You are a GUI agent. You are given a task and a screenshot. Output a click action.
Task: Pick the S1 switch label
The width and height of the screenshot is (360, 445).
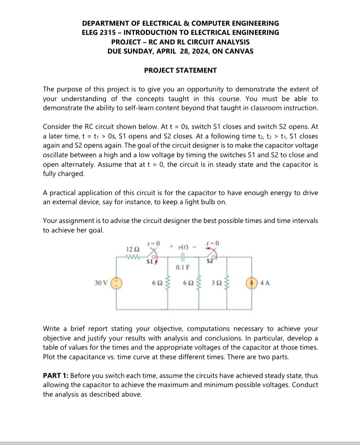click(x=149, y=262)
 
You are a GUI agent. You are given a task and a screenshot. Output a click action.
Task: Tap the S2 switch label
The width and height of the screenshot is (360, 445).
click(x=210, y=261)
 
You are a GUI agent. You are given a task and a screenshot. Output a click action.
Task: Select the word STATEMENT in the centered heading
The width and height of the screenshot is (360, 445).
click(x=196, y=70)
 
